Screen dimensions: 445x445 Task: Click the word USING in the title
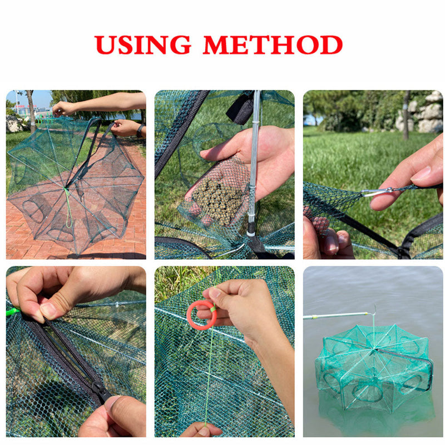tap(144, 44)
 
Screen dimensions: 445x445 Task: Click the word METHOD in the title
tap(272, 44)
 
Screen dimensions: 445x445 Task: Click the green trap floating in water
tap(374, 367)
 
